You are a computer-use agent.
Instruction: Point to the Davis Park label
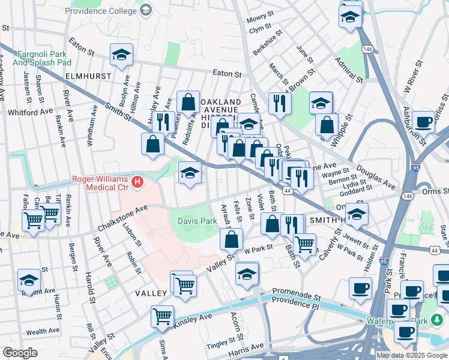click(197, 221)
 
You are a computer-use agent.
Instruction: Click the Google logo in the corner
click(20, 353)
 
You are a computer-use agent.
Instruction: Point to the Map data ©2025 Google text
click(412, 355)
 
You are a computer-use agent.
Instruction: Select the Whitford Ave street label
click(31, 112)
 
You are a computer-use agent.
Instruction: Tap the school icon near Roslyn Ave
click(121, 55)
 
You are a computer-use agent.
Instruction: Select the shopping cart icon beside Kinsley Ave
click(163, 315)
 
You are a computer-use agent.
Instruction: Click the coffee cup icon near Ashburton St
click(424, 121)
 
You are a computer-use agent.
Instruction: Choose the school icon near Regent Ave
click(29, 280)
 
